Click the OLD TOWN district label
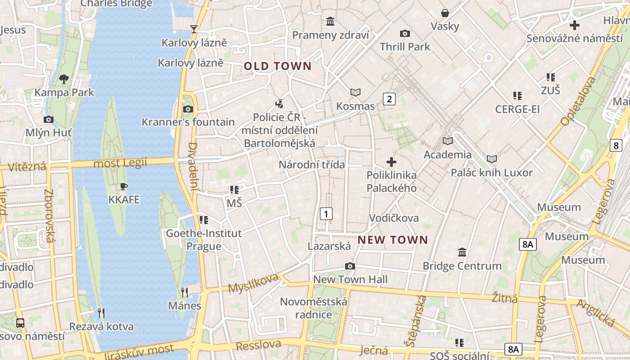[x=278, y=66]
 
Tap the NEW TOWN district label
[x=392, y=240]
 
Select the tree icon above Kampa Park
[x=64, y=79]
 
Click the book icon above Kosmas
[x=355, y=92]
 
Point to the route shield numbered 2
[x=389, y=99]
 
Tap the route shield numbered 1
[x=326, y=213]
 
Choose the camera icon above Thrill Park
[x=405, y=33]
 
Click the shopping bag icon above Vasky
[x=445, y=13]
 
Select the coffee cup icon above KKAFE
[x=124, y=186]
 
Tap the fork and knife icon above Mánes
[x=184, y=292]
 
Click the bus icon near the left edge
[x=20, y=323]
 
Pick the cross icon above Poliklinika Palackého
[x=391, y=162]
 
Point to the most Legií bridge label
[x=120, y=163]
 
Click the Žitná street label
[x=504, y=298]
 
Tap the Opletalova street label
[x=578, y=101]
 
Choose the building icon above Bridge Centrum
[x=462, y=252]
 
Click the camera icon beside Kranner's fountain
[x=188, y=109]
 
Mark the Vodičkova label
[x=394, y=218]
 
